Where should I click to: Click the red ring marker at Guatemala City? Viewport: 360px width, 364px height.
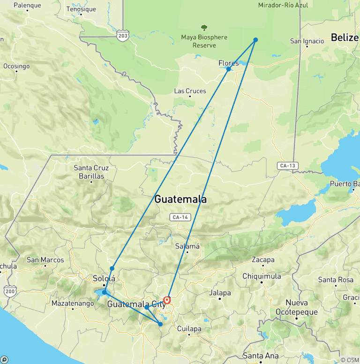click(x=167, y=300)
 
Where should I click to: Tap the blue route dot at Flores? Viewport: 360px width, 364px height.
click(x=228, y=69)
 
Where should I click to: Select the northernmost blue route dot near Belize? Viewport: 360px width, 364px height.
click(x=255, y=40)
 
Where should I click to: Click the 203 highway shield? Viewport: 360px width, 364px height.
click(x=123, y=36)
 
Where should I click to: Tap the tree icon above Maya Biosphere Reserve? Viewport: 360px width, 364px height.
click(x=204, y=28)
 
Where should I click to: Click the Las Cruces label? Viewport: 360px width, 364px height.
click(x=190, y=91)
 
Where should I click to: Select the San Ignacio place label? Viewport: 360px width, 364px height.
click(x=307, y=41)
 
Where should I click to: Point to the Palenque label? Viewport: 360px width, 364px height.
click(x=27, y=6)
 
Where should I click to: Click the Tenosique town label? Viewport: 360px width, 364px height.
click(x=81, y=9)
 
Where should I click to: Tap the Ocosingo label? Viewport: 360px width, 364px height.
click(x=16, y=66)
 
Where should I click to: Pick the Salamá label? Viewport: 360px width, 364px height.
click(x=187, y=246)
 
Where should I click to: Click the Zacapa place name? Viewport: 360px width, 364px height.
click(x=263, y=260)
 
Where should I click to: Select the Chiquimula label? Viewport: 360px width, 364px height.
click(x=262, y=276)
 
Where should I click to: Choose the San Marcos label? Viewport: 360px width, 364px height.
click(x=45, y=260)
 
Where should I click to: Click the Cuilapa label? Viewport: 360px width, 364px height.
click(x=189, y=329)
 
